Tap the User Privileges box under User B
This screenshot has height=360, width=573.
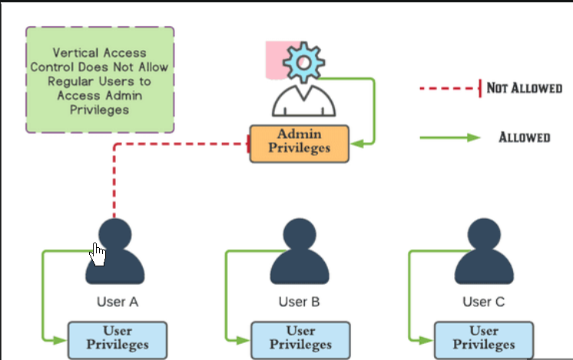tap(300, 339)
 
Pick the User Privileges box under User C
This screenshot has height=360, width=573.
tap(484, 339)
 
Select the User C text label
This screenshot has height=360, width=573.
tap(483, 302)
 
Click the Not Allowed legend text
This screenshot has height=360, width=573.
tap(525, 88)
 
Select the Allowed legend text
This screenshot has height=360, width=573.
tap(525, 137)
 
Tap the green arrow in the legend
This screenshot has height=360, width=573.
tap(449, 138)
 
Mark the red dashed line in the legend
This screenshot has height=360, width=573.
tap(449, 88)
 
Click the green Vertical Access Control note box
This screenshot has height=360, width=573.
tap(100, 81)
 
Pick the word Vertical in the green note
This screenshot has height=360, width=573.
tap(75, 54)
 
